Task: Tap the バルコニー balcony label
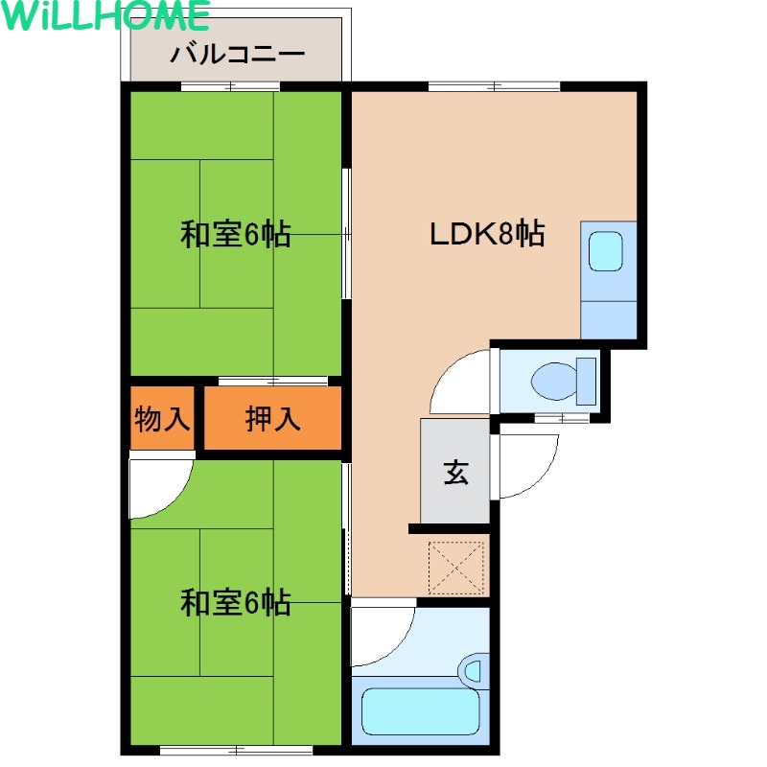238,54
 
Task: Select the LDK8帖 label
487,233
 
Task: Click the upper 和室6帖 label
236,234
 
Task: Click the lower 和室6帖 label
236,602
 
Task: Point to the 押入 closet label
272,419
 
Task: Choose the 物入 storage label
162,419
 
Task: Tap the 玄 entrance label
456,473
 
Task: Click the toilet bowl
564,381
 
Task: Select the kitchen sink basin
606,251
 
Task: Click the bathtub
420,711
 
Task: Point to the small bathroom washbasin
473,670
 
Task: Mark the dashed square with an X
456,568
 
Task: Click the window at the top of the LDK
494,86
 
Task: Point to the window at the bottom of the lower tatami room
236,750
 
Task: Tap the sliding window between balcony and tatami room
230,86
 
